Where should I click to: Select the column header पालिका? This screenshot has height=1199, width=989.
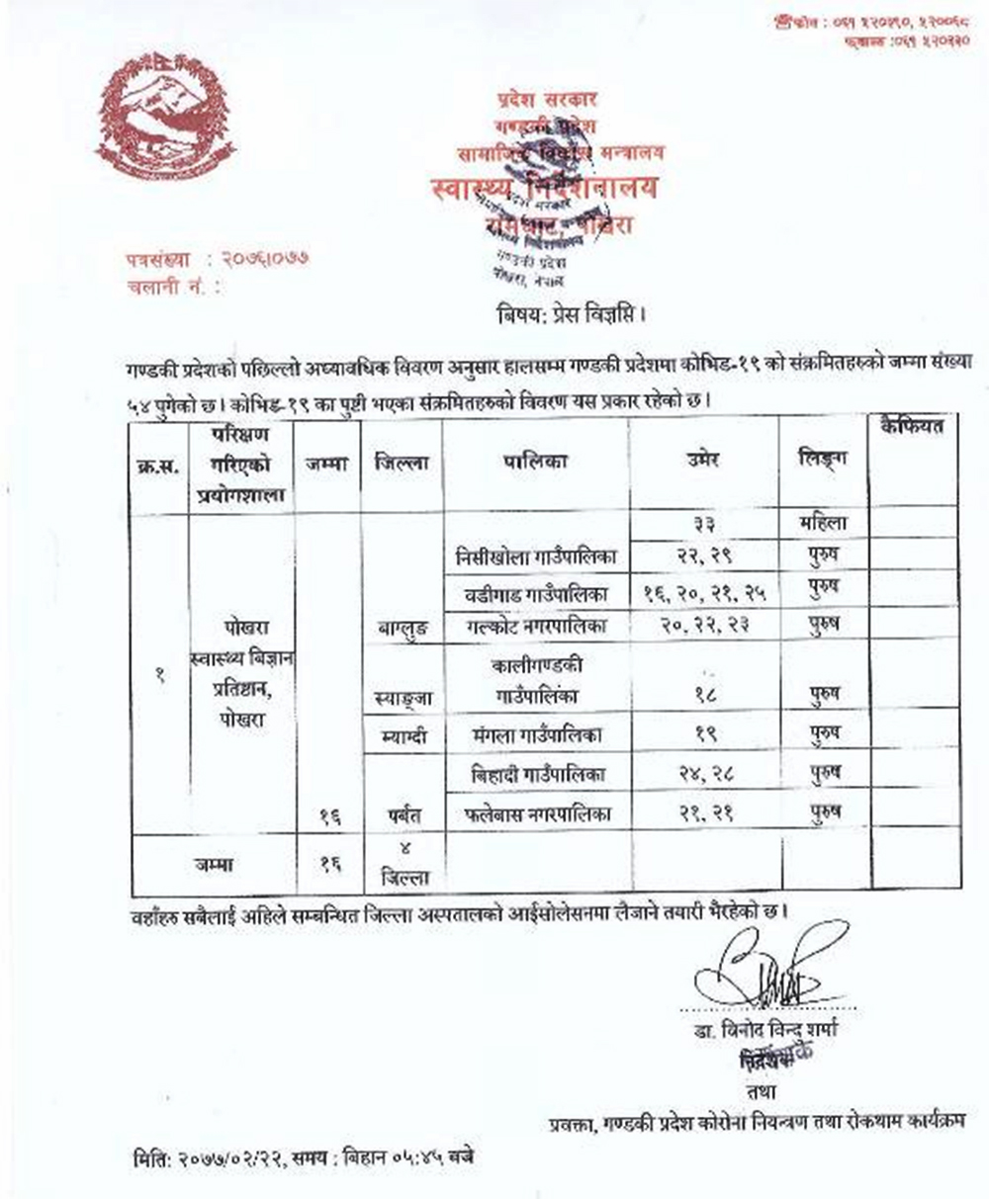point(535,462)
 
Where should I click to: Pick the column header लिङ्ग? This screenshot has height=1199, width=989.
point(823,460)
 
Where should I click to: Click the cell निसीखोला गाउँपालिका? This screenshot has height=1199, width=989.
point(535,557)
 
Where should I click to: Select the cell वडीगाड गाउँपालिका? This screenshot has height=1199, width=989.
point(535,594)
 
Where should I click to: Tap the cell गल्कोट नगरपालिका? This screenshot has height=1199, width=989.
point(535,626)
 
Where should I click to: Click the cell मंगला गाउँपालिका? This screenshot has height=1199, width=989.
point(535,735)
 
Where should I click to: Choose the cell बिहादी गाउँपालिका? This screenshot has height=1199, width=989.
point(535,774)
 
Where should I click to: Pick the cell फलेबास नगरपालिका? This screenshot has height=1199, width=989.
point(535,814)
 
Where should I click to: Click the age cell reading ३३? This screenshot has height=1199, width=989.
point(704,524)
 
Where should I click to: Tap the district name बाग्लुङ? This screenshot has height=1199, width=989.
point(403,628)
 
